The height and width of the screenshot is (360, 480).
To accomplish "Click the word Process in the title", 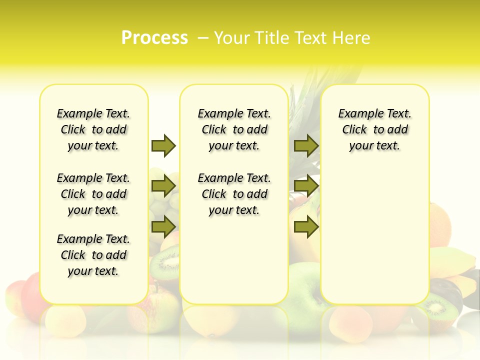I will coord(154,37).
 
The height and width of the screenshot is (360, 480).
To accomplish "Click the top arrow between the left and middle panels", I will coord(163,145).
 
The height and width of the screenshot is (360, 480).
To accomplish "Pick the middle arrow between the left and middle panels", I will coord(163,186).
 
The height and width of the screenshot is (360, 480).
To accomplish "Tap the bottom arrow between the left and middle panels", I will coord(163,227).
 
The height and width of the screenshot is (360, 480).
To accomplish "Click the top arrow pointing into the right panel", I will coord(306,145).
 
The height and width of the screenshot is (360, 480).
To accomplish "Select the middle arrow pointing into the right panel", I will coord(306,186).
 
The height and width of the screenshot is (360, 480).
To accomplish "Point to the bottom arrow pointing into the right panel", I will coord(306,227).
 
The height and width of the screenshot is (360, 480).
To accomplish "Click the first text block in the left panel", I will coord(93,129).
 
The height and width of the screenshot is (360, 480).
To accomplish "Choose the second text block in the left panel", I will coord(93,194).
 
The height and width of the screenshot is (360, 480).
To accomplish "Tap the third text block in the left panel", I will coord(93,255).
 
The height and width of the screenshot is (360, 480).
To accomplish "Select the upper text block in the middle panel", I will coord(234,129).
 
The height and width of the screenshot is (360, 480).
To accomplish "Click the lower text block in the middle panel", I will coord(234,194).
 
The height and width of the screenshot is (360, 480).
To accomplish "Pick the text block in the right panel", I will coord(374,129).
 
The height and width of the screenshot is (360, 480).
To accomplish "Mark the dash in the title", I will coord(203,38).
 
